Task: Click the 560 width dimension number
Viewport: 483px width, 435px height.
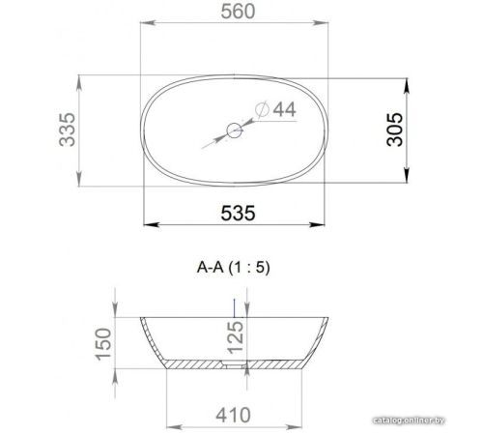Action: tap(238, 12)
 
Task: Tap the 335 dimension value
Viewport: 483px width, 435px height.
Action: tap(68, 130)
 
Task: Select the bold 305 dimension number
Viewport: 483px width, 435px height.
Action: tap(395, 130)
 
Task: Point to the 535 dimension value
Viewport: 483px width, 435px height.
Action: tap(238, 213)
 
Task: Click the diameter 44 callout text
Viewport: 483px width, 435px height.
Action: tap(275, 109)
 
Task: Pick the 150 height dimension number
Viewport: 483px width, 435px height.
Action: tap(103, 344)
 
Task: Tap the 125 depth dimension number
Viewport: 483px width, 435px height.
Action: tap(236, 337)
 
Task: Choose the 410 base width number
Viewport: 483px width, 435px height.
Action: tap(234, 415)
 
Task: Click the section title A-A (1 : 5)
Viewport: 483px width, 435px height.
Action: tap(233, 268)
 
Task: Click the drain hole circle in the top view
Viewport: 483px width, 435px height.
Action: tap(235, 130)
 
